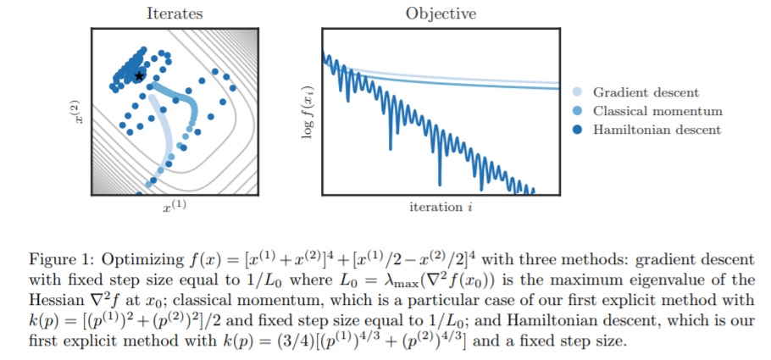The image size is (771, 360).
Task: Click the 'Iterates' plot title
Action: point(174,14)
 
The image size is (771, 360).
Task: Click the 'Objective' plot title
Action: point(441,14)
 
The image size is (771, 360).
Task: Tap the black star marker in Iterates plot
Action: point(139,76)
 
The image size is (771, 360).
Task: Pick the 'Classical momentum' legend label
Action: point(657,111)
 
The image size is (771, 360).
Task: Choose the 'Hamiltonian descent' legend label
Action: point(657,130)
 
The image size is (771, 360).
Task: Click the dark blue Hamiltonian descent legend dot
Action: point(578,130)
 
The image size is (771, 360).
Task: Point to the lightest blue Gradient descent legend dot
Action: point(578,92)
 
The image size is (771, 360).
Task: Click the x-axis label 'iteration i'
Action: point(441,208)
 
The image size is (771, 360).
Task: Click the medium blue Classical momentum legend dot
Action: point(578,111)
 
